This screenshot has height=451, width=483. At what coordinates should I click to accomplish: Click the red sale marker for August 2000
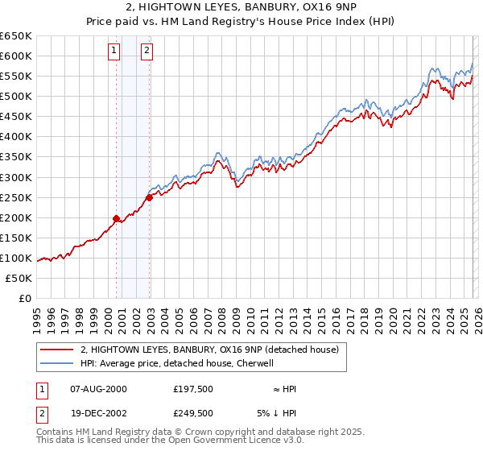pyautogui.click(x=116, y=218)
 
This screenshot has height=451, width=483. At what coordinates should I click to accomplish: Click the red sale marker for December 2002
pyautogui.click(x=150, y=197)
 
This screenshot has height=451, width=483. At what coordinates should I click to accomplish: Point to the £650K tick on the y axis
pyautogui.click(x=16, y=36)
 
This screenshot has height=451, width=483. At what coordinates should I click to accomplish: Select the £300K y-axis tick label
pyautogui.click(x=16, y=177)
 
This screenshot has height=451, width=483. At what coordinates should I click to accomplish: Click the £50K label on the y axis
pyautogui.click(x=19, y=278)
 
